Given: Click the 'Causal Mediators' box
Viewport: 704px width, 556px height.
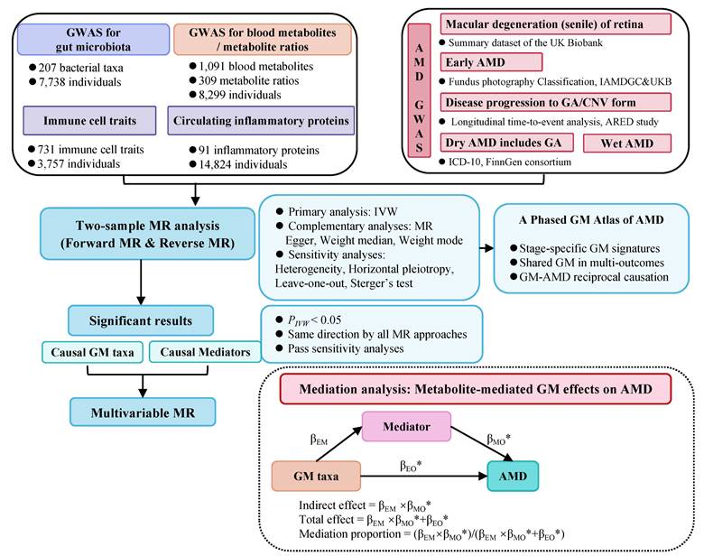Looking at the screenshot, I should [x=192, y=352].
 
